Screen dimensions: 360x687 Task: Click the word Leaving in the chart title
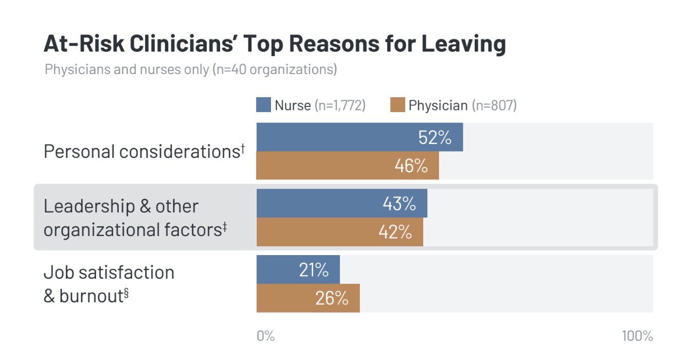point(464,44)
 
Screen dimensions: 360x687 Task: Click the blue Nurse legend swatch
point(263,105)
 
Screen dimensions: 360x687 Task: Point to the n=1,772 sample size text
point(340,105)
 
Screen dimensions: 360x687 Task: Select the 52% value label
point(435,137)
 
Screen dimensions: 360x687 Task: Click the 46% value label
point(411,166)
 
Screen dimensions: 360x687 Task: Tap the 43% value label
point(399,204)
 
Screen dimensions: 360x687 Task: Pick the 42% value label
point(395,232)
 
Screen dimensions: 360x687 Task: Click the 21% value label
point(314,270)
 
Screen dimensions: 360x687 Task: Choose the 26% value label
point(332,298)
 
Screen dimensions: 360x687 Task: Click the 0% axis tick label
point(265,336)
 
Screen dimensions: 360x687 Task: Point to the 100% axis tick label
point(637,336)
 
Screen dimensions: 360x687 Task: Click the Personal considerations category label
point(141,152)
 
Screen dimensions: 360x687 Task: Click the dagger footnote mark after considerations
point(242,148)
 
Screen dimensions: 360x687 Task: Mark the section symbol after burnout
point(126,294)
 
